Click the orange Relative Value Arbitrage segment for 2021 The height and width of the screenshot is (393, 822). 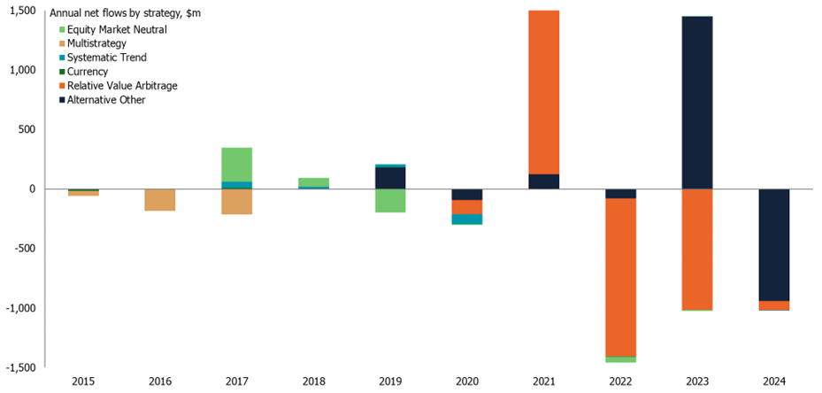[544, 92]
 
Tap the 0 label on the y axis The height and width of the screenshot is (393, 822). [32, 189]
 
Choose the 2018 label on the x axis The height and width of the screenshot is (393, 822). [314, 382]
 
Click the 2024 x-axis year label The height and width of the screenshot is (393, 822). [774, 382]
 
